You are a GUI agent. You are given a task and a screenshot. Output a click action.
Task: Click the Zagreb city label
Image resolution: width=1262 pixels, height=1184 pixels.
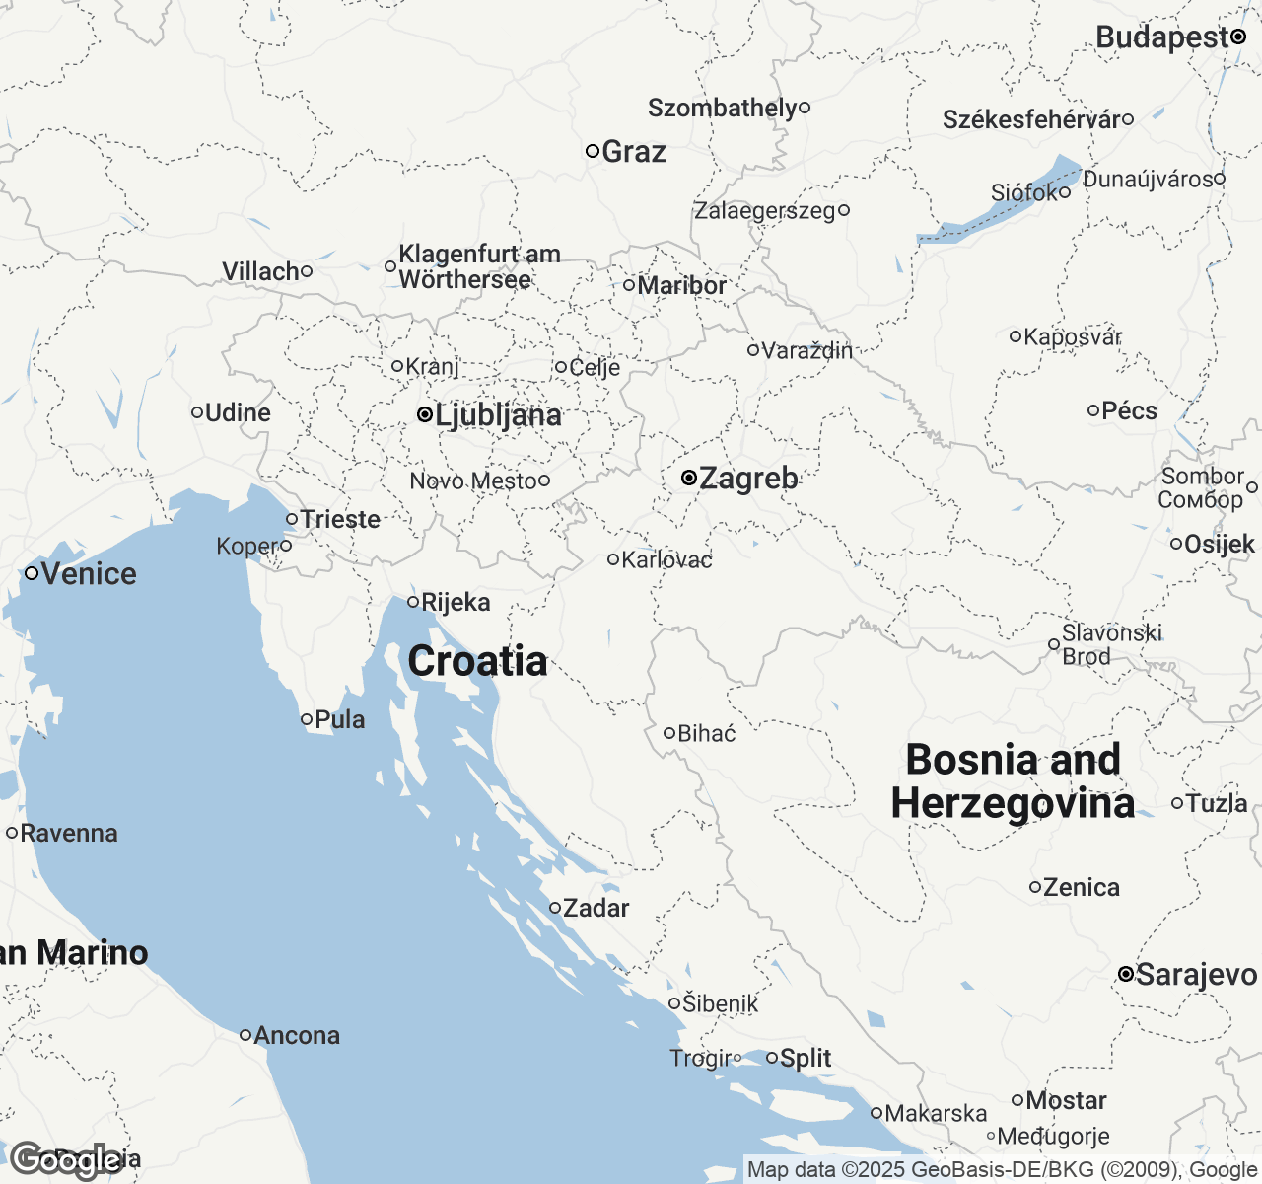point(748,479)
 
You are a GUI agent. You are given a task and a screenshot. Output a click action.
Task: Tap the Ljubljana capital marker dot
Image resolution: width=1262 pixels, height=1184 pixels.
point(424,415)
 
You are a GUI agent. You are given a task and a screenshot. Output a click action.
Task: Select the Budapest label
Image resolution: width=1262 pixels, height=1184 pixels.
point(1162,37)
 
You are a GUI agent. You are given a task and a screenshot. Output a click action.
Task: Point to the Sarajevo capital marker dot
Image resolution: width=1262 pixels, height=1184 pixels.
point(1125,974)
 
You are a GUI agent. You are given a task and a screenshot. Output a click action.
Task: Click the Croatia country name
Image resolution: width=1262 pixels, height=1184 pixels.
point(477,661)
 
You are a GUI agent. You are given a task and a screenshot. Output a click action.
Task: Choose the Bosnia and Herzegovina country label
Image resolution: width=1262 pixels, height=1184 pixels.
point(1013,781)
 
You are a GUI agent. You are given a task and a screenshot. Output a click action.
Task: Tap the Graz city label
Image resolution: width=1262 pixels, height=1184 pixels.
point(633,152)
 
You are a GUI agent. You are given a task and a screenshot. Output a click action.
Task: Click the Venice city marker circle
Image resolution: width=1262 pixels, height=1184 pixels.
point(32,573)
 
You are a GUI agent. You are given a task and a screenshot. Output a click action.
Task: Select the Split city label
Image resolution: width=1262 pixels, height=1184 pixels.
point(806,1058)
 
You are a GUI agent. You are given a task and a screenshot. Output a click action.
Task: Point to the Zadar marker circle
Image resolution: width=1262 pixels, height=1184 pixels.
point(555,908)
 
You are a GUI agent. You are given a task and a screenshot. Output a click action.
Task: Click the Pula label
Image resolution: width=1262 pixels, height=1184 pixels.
point(340,719)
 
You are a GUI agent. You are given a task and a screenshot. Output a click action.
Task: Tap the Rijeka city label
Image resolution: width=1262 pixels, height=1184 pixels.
point(456,602)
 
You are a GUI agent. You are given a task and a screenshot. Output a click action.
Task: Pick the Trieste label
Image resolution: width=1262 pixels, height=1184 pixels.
point(340,519)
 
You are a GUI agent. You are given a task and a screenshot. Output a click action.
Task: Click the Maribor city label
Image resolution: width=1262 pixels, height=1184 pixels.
point(681,285)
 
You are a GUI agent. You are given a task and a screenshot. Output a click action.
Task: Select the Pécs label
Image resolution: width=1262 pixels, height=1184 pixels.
point(1129,410)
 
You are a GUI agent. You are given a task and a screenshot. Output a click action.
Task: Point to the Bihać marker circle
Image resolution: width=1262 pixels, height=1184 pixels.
point(668,733)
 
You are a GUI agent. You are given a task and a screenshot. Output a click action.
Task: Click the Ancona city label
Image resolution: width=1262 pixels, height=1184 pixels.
point(297,1035)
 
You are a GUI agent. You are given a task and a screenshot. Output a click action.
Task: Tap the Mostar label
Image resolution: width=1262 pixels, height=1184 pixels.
point(1066,1100)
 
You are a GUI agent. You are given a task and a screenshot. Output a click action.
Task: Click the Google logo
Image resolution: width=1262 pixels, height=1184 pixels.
point(65,1160)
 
